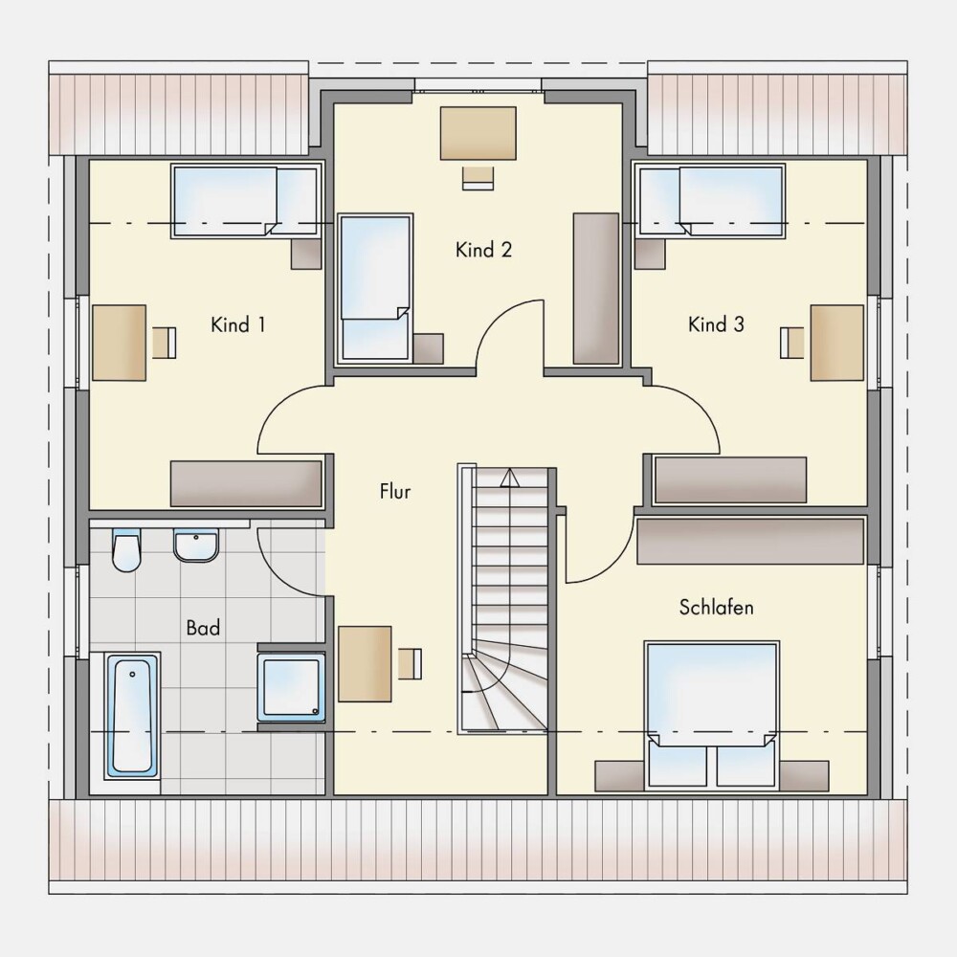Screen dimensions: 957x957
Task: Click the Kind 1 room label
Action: [238, 324]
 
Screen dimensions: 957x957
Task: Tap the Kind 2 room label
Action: [483, 250]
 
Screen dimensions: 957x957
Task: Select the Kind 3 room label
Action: [716, 324]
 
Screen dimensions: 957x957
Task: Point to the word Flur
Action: [395, 491]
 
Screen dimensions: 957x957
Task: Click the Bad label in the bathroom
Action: [203, 628]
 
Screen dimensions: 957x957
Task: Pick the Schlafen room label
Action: [716, 608]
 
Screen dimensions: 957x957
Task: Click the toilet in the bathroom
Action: [126, 550]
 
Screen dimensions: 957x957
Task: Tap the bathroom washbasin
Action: [196, 545]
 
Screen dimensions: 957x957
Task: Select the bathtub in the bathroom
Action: [130, 715]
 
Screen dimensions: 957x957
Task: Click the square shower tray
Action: [291, 688]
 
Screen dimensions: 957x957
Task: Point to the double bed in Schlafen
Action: [712, 714]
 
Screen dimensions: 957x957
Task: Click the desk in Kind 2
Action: [478, 133]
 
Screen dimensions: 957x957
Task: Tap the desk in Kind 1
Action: [120, 343]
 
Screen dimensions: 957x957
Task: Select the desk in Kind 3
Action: [836, 343]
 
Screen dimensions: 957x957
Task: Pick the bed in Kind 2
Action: [375, 288]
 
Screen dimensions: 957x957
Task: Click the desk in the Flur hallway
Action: [365, 663]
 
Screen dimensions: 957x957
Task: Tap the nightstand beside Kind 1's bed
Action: [306, 254]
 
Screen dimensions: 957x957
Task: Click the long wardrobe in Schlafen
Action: [750, 541]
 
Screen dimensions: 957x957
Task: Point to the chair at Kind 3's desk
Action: [791, 343]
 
